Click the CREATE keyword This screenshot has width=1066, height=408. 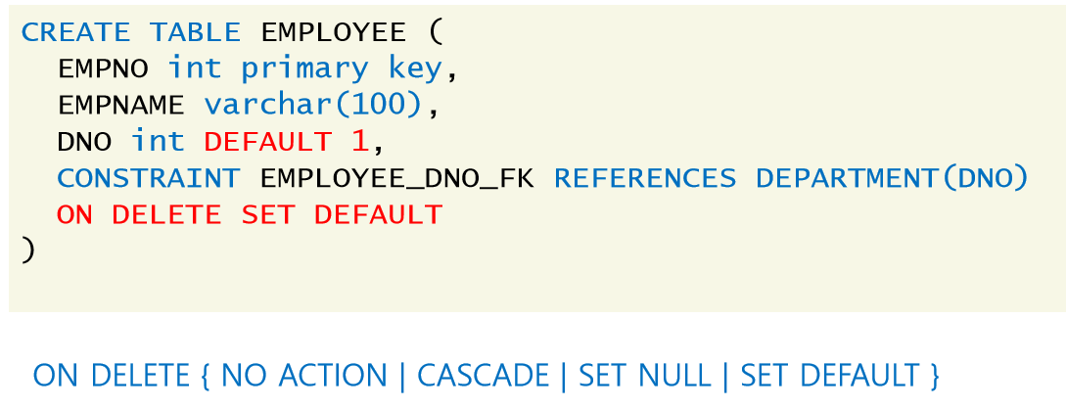click(74, 32)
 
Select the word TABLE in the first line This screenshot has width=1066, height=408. click(194, 32)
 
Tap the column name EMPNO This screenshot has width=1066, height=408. click(103, 68)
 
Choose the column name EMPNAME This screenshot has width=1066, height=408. click(121, 105)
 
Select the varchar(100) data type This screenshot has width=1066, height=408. click(313, 105)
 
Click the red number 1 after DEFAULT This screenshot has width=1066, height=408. click(359, 142)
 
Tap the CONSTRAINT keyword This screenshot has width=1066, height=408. click(148, 178)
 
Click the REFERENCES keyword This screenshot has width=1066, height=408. click(644, 178)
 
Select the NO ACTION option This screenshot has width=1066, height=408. click(304, 376)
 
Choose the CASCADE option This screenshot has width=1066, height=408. click(484, 376)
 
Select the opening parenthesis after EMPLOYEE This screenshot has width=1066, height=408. click(436, 33)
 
